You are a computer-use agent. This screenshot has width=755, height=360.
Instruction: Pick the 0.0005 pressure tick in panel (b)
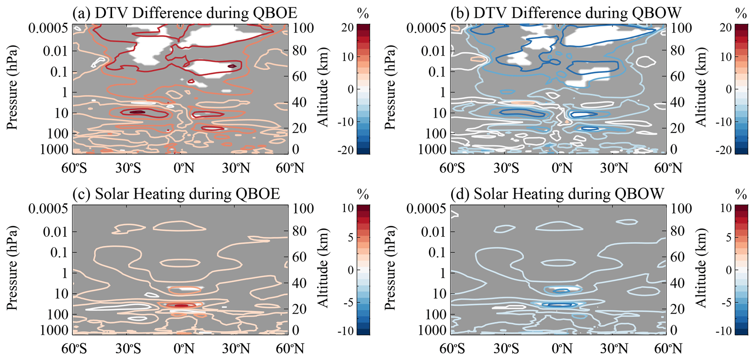click(x=426, y=28)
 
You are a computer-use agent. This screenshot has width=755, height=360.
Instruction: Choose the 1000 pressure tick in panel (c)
click(x=54, y=330)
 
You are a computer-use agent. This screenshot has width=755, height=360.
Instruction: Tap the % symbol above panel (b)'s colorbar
click(x=741, y=14)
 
